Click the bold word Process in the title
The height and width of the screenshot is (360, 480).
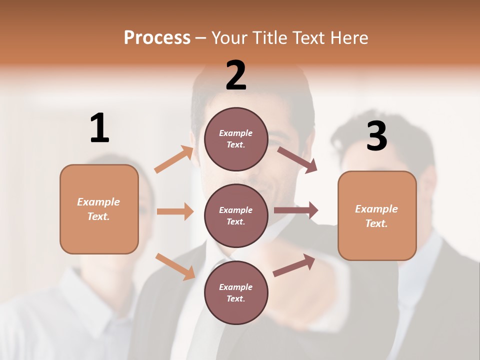pyautogui.click(x=157, y=37)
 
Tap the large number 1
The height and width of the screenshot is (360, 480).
pyautogui.click(x=99, y=128)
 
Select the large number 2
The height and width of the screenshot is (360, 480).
pyautogui.click(x=236, y=75)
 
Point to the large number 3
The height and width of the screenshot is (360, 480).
pyautogui.click(x=377, y=136)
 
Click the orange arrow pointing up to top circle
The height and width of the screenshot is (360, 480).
pyautogui.click(x=174, y=159)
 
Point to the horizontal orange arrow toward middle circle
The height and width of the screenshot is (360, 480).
pyautogui.click(x=175, y=211)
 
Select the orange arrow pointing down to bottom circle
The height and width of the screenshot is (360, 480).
pyautogui.click(x=175, y=266)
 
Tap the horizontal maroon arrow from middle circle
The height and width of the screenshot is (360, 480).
pyautogui.click(x=296, y=210)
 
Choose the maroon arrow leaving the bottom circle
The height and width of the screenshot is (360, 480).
pyautogui.click(x=294, y=265)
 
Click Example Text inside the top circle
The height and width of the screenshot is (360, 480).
pyautogui.click(x=236, y=139)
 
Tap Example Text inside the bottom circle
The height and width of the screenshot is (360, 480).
pyautogui.click(x=236, y=293)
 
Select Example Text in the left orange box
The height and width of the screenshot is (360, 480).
pyautogui.click(x=98, y=209)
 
